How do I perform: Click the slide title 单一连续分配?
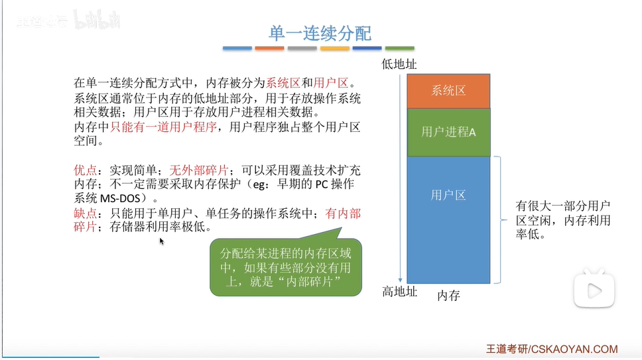[x=320, y=33]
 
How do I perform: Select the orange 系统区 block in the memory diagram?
[x=448, y=91]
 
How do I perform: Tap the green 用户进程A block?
[x=448, y=132]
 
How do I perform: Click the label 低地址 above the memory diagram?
[x=399, y=64]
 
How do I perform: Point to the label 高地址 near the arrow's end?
[x=399, y=292]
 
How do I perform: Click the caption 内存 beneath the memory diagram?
[x=449, y=296]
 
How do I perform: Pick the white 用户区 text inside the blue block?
[x=448, y=195]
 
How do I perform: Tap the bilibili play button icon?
[x=594, y=289]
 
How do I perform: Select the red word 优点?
[x=85, y=170]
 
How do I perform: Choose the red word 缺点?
[x=85, y=213]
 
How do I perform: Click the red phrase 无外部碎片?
[x=198, y=170]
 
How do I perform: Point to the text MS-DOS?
[x=120, y=198]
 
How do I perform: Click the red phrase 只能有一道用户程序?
[x=163, y=127]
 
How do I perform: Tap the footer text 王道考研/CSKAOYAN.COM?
[x=552, y=349]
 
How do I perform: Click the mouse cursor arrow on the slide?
[x=161, y=241]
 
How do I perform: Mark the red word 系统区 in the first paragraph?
[x=283, y=83]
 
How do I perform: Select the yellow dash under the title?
[x=334, y=48]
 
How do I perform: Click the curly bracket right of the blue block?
[x=500, y=219]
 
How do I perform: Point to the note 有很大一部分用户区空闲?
[x=563, y=219]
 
